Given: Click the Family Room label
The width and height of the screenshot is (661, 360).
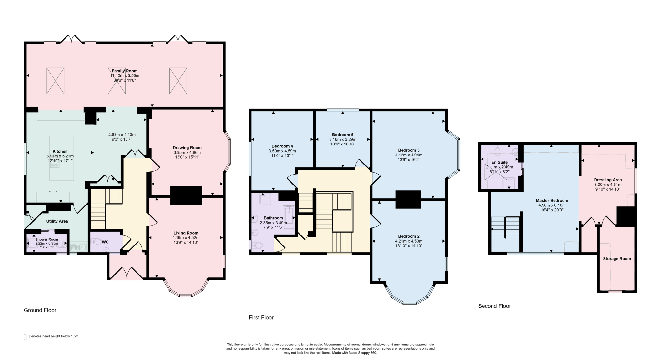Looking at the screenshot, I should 125,71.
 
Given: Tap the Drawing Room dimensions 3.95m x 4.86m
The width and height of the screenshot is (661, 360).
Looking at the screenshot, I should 187,153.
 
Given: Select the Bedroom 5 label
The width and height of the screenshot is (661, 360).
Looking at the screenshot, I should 343,135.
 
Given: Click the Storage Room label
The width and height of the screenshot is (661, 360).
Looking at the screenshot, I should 617,259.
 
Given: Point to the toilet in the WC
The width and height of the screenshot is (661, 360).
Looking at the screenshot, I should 96,241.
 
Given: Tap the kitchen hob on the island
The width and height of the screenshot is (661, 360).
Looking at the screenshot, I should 55,165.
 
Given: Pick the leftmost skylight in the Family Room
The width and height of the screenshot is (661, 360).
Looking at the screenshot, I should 55,81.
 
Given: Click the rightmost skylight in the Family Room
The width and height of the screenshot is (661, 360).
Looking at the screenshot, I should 178,81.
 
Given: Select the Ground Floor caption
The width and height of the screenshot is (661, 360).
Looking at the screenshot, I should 40,310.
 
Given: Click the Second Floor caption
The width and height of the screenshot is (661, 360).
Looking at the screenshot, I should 494,306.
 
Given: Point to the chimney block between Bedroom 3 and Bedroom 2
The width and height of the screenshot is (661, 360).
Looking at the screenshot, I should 408,199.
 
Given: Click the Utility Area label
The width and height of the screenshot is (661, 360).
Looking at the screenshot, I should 57,221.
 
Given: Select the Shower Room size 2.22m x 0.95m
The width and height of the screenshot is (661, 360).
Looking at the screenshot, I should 47,243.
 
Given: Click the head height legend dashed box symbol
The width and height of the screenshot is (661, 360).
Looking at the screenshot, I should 25,337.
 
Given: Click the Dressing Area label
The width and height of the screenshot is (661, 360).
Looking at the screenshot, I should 608,180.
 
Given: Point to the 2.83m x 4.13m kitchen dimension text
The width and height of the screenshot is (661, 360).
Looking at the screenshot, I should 122,135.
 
